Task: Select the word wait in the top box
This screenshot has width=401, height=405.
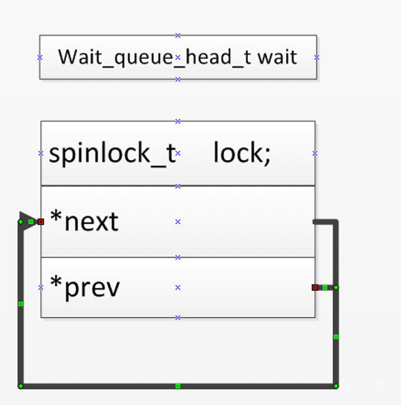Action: coord(277,57)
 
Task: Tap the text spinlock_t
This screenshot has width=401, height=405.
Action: coord(112,153)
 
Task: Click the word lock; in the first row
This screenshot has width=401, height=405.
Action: coord(242,152)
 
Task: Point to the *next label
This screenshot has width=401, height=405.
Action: coord(84,221)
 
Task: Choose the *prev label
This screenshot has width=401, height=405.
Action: coord(85,287)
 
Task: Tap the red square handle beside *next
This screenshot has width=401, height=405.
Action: coord(41,221)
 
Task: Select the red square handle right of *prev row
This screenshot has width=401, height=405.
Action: coord(315,287)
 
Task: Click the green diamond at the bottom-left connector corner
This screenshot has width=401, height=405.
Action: coord(21,386)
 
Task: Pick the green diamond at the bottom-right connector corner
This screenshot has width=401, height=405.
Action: coord(336,386)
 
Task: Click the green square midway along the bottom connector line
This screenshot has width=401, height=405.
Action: coord(178,386)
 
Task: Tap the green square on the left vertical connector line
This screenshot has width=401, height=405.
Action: coord(21,304)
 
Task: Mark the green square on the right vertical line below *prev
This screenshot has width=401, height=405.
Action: coord(336,337)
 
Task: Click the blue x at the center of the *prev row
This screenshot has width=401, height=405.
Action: coord(178,287)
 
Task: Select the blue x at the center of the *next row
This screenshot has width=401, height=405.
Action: coord(178,221)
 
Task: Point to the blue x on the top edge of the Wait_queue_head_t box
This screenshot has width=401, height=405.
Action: coord(178,35)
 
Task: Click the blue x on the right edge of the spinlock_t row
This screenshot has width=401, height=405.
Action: coord(315,153)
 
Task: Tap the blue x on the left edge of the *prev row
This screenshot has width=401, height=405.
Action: coord(41,287)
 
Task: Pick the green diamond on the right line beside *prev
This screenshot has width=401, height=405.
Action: coord(336,287)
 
